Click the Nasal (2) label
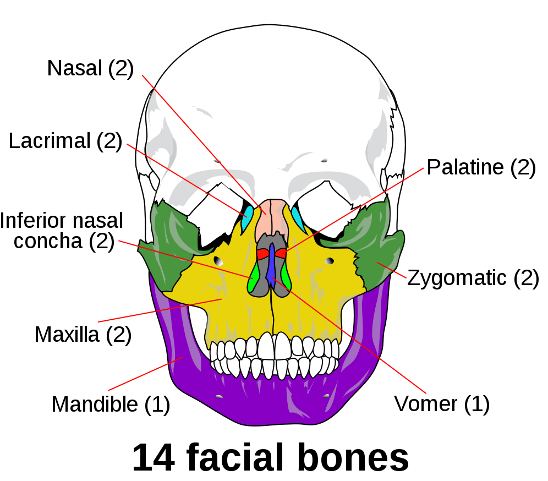coord(91,68)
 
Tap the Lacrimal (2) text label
coord(65,141)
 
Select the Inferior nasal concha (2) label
coord(62,231)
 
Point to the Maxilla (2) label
coord(83,335)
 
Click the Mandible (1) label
coord(111,405)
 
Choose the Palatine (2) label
coord(481,167)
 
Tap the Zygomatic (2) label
coord(473,278)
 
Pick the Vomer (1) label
coord(442,404)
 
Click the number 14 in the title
coord(154,457)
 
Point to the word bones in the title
coord(354,457)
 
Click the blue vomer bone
coord(271,265)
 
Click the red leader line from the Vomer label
coord(349,336)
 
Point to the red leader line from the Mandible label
coord(146,374)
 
